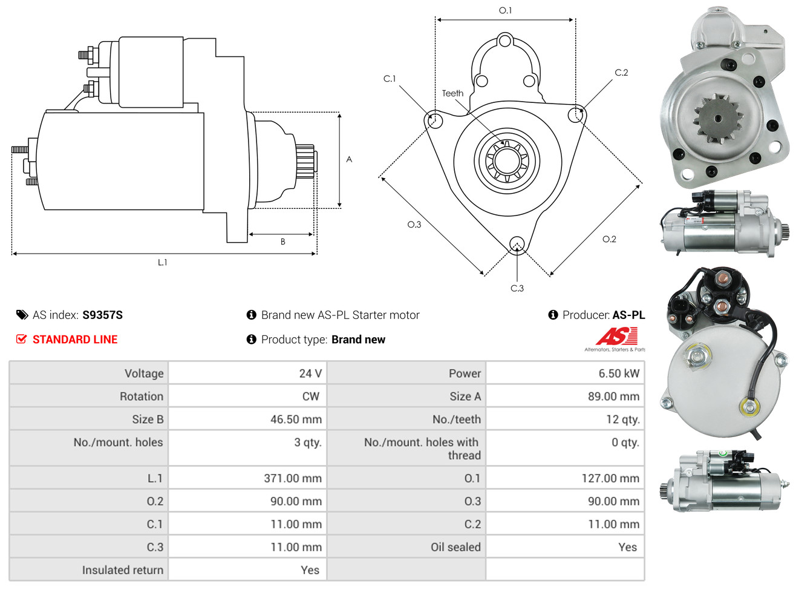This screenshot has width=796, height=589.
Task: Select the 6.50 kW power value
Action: coord(618,373)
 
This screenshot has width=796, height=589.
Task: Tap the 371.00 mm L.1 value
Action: coord(292,478)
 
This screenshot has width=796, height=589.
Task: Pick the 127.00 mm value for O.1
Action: coord(610,478)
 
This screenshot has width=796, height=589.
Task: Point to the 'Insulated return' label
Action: coord(122,570)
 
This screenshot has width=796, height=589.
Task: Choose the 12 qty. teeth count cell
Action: coord(622,419)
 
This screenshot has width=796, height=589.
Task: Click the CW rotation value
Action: coord(310,396)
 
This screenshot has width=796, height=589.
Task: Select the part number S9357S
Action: coord(102,315)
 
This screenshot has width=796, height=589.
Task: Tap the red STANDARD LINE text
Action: coord(74,340)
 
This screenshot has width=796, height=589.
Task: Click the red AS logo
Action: coord(616,336)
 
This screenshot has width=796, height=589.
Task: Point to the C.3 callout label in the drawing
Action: coord(517,288)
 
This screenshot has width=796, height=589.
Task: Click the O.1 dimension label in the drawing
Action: coord(505,10)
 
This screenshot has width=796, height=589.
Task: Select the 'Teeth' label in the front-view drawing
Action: coord(452,93)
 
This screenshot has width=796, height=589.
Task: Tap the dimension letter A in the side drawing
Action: coord(348,159)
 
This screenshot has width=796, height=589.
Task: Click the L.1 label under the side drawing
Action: coord(162,263)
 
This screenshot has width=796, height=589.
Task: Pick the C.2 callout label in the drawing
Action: coord(621,73)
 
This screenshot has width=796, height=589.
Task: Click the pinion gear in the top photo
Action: coord(717,119)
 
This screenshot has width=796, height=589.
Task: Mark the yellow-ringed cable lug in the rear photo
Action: coord(749,407)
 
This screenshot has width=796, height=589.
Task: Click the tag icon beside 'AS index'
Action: coord(22,315)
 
